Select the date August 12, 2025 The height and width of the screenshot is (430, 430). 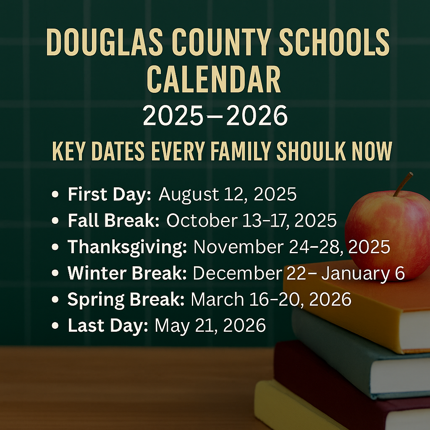(x=228, y=195)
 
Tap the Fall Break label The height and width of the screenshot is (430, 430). (x=113, y=221)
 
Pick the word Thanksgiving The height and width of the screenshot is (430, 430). (x=127, y=247)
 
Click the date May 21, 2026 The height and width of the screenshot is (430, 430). (x=210, y=325)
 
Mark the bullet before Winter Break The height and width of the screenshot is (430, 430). (x=54, y=273)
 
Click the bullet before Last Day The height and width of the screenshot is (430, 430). (x=54, y=326)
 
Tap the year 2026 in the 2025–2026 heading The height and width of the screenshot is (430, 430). (x=257, y=116)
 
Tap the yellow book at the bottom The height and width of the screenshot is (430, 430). (x=294, y=407)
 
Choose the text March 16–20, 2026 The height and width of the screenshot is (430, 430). (x=271, y=299)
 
